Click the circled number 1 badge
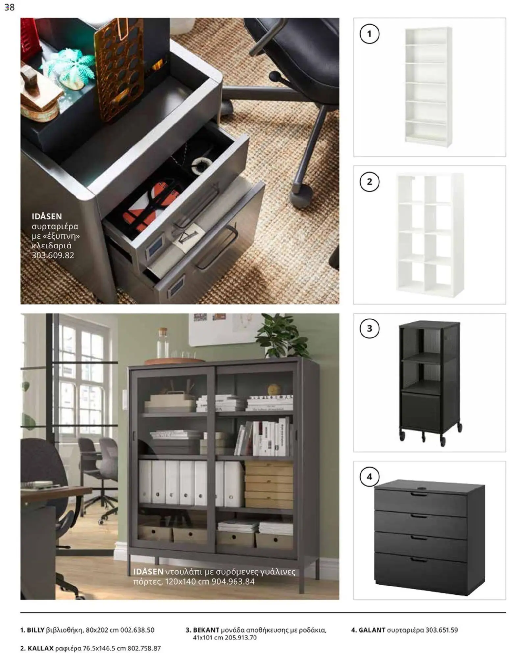point(369,34)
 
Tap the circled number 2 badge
point(369,182)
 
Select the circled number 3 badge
point(369,328)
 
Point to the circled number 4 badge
point(369,476)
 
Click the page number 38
point(10,7)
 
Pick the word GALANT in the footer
point(372,630)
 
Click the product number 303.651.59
point(442,630)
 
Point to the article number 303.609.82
point(53,255)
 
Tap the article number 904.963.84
point(233,582)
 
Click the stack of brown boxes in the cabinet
point(268,485)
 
